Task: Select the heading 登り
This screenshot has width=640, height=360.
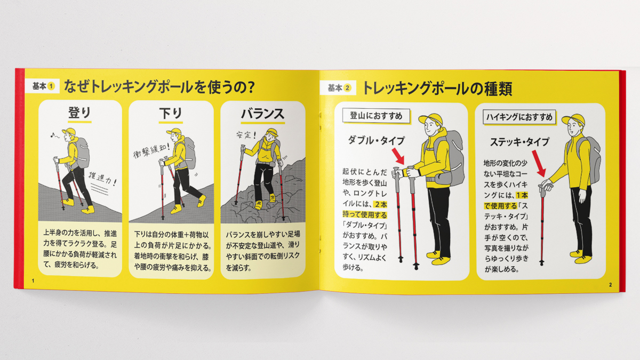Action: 79,114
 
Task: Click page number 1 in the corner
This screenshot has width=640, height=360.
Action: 33,281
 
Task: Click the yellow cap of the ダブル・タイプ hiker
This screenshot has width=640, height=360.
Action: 429,120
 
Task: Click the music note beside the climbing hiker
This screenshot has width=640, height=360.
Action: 52,135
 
